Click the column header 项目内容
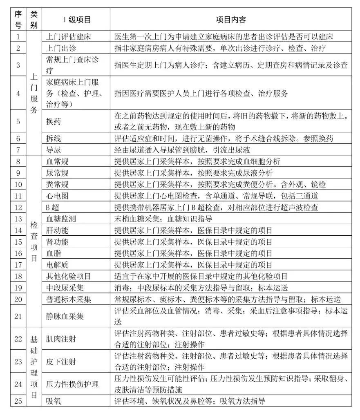[x=230, y=20]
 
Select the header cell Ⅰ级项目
[x=76, y=20]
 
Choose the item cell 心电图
[x=58, y=196]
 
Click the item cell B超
[x=55, y=207]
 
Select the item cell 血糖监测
[x=61, y=219]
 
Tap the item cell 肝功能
[x=58, y=230]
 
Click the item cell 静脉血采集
[x=65, y=316]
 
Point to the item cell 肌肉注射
[x=61, y=339]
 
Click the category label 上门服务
[x=34, y=93]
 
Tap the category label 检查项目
[x=34, y=241]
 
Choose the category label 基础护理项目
[x=34, y=367]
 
